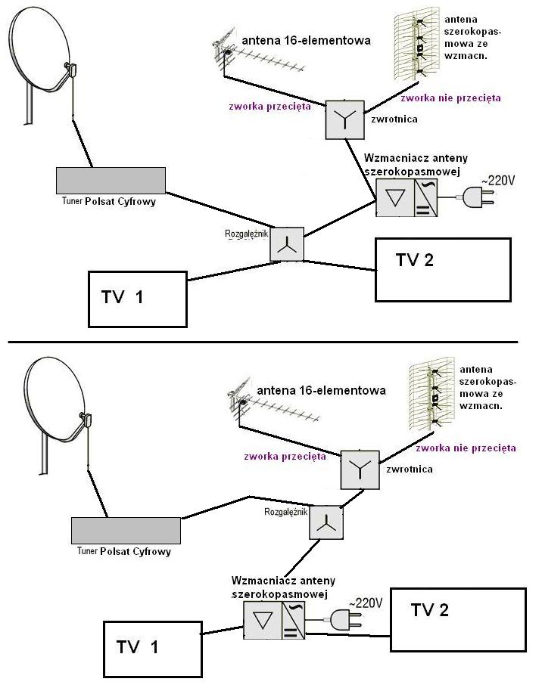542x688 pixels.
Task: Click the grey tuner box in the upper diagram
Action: (111, 181)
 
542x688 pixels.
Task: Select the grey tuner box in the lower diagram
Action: (126, 531)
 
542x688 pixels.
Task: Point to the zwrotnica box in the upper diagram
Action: (344, 119)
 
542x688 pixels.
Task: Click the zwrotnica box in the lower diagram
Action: (360, 470)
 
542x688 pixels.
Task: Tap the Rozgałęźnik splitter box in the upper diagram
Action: (287, 244)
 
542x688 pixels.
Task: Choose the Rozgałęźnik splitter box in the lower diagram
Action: (326, 522)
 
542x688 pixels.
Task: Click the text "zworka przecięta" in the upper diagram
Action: (269, 107)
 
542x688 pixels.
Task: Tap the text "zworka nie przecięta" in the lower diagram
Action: (466, 448)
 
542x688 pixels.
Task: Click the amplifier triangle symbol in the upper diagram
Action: (395, 198)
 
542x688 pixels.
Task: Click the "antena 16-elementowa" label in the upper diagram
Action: (306, 41)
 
